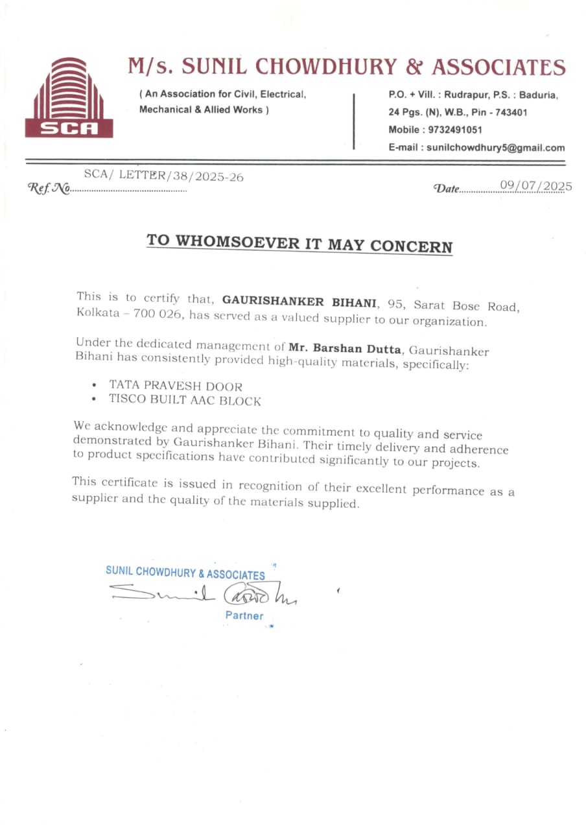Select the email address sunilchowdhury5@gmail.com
coord(495,148)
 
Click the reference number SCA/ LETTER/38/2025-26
coord(163,176)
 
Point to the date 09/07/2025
coord(536,187)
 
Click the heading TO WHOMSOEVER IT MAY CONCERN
coord(299,243)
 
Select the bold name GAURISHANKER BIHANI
coord(299,302)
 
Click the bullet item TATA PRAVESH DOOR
coord(176,385)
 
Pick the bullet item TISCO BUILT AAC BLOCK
coord(185,400)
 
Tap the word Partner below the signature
coord(244,615)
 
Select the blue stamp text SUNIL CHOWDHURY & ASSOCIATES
coord(185,573)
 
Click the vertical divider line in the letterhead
coord(354,121)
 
